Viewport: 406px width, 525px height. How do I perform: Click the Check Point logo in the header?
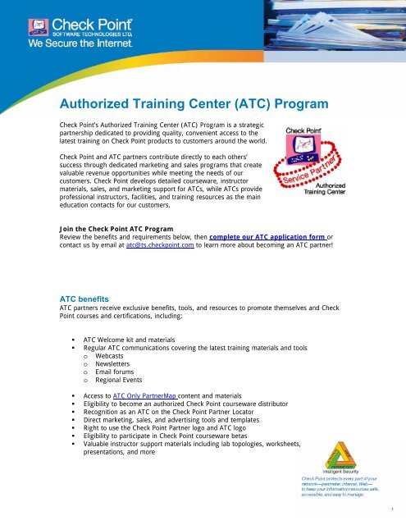(64, 27)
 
